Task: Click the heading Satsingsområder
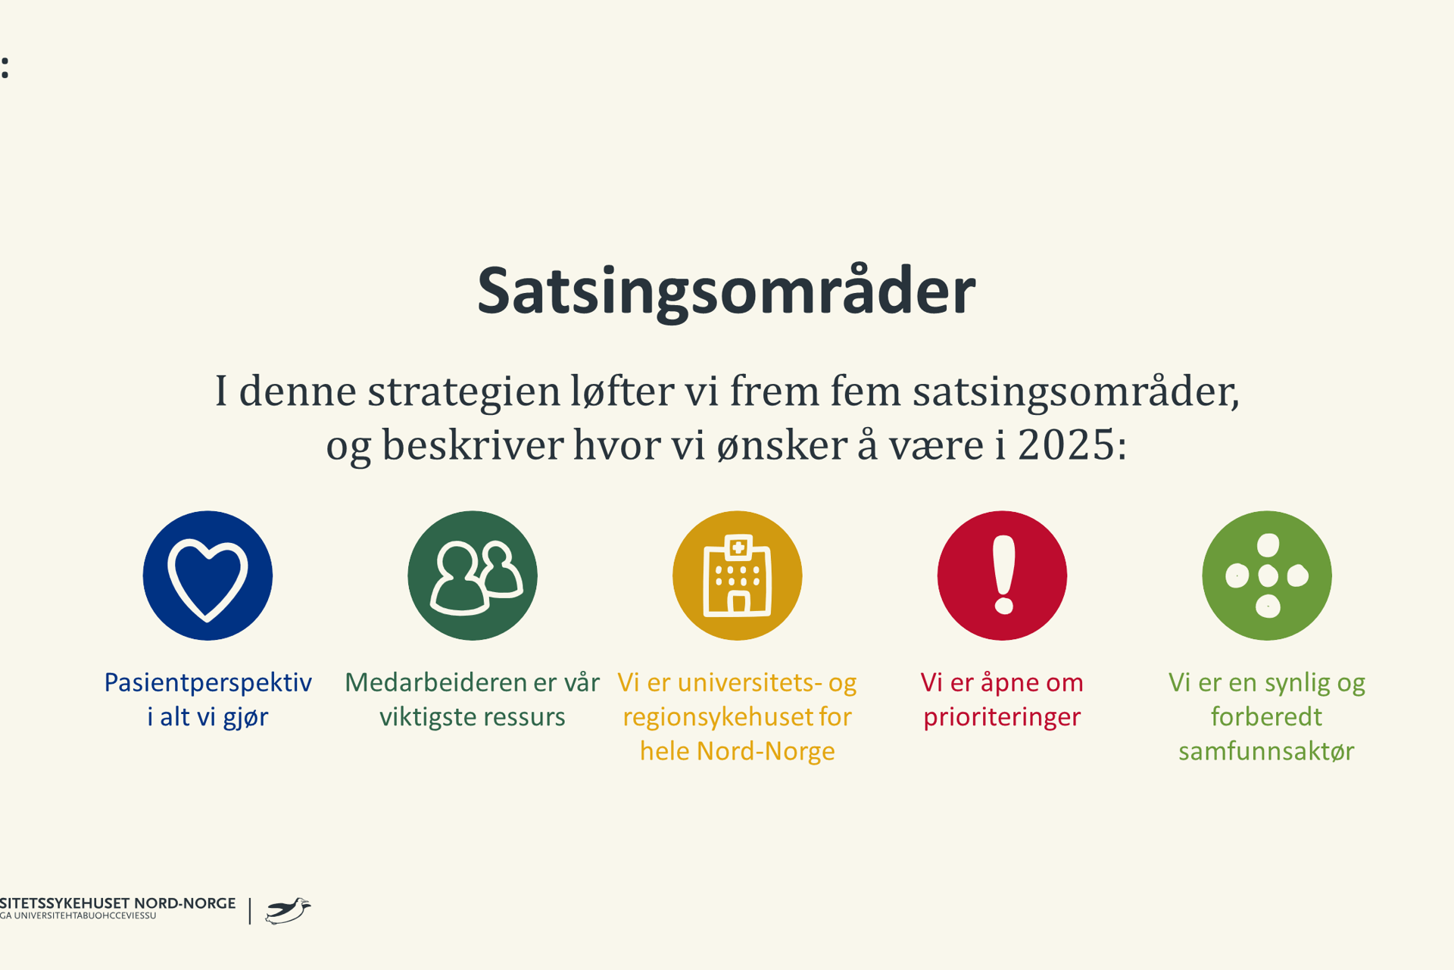[x=726, y=292]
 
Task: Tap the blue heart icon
[x=207, y=575]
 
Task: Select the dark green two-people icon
[x=473, y=575]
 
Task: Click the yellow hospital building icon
[x=737, y=575]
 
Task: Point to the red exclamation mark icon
[x=1002, y=575]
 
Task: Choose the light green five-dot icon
[x=1266, y=575]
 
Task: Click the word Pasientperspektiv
[x=207, y=683]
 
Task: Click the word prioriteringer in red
[x=1002, y=717]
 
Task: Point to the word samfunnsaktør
[x=1266, y=751]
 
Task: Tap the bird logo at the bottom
[x=288, y=910]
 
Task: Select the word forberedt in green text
[x=1266, y=717]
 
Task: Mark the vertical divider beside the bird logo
[x=250, y=910]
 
